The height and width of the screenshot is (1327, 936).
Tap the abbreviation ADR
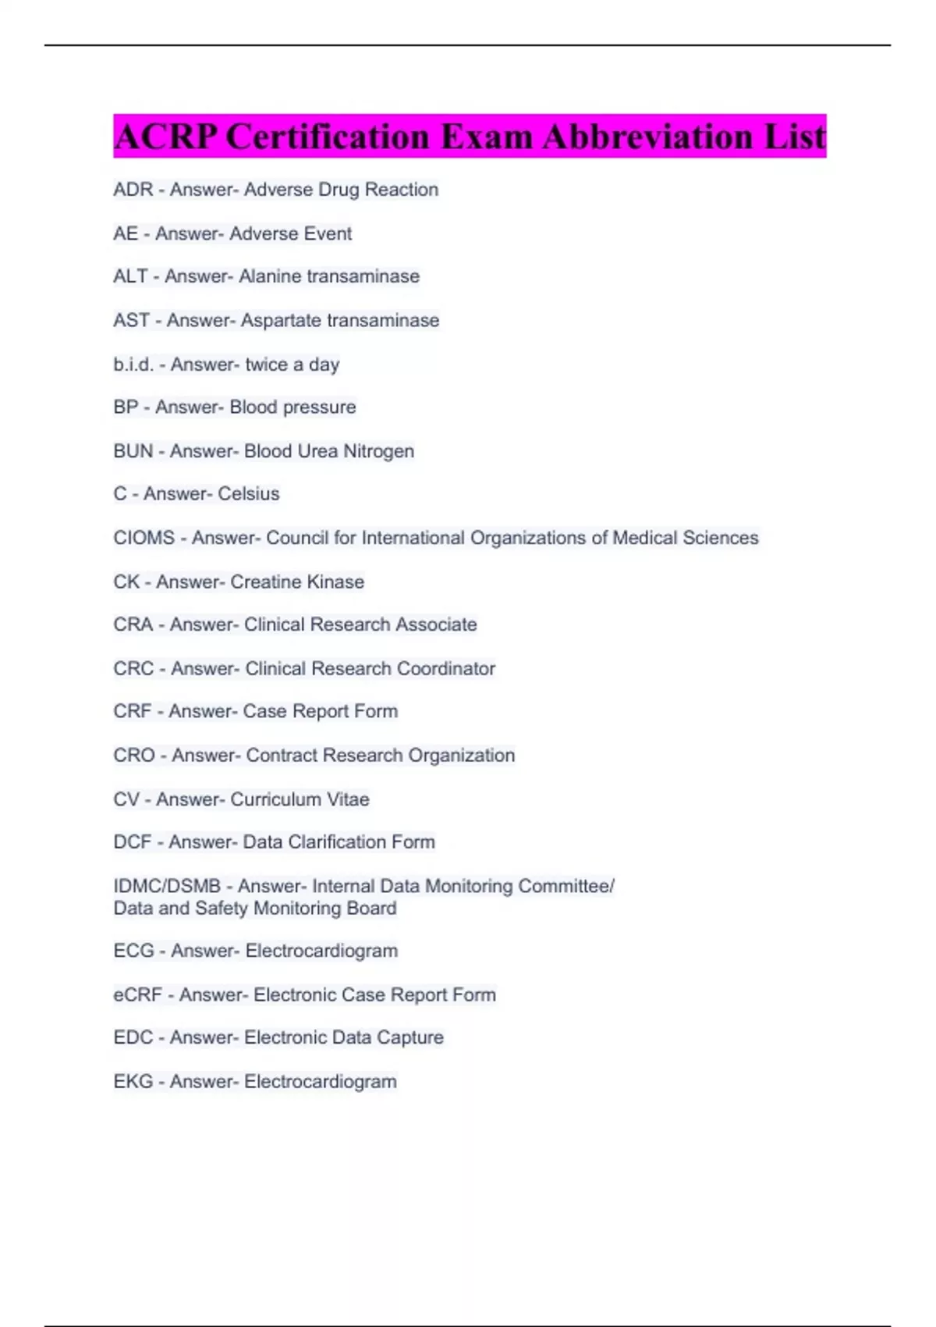point(133,190)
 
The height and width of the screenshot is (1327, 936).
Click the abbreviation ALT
point(130,276)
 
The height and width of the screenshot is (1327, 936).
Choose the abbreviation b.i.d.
point(133,365)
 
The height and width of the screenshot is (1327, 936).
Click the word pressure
point(319,407)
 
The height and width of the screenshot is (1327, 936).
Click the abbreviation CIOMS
point(144,538)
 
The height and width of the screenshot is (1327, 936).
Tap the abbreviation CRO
point(133,756)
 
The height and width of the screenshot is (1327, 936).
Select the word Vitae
point(348,799)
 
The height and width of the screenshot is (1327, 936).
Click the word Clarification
point(337,842)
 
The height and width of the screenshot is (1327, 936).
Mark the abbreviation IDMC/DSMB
point(167,886)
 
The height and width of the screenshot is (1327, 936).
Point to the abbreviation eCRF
point(137,994)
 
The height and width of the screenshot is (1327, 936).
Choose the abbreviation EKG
point(133,1081)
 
